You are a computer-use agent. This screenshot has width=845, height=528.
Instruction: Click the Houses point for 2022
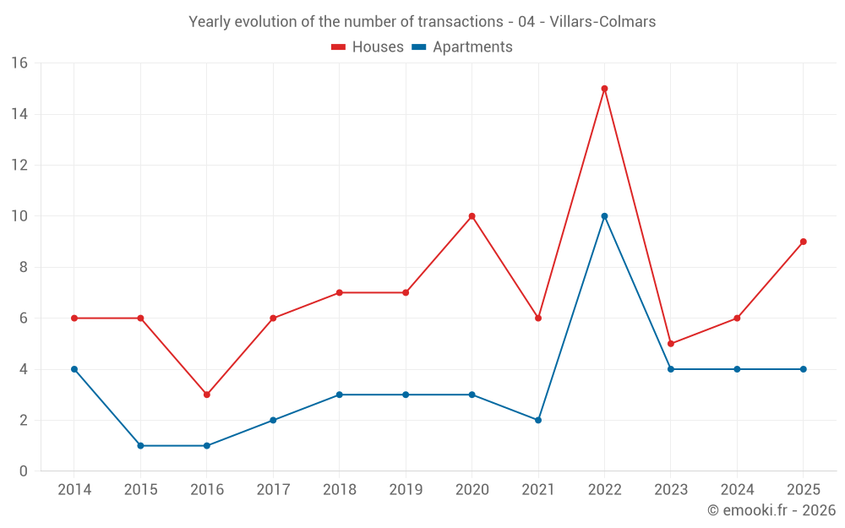coord(604,89)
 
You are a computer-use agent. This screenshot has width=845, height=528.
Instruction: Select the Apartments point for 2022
coord(604,216)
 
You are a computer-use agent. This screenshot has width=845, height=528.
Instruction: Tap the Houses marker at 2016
coord(207,395)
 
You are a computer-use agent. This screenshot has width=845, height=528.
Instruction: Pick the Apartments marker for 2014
coord(74,369)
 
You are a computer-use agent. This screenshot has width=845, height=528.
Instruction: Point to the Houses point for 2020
coord(472,216)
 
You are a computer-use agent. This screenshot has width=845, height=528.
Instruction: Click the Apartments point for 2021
coord(538,420)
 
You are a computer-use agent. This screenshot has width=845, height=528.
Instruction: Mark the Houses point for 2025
coord(804,242)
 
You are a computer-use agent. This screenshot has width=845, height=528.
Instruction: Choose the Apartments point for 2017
coord(273,420)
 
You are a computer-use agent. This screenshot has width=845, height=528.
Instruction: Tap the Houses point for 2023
coord(671,344)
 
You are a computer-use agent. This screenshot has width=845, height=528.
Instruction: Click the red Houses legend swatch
coord(339,47)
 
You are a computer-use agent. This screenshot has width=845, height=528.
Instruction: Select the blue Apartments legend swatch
coord(419,47)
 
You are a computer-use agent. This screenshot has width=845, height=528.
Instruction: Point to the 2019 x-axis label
coord(406,489)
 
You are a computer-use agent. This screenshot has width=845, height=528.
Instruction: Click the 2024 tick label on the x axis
coord(737,489)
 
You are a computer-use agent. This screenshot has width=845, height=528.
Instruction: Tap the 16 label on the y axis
coord(19,63)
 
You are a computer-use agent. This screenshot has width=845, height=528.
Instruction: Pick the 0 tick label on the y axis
coord(23,471)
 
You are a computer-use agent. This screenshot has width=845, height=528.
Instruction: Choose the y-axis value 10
coord(19,216)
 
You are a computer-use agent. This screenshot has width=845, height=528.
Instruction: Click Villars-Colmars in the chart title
coord(602,22)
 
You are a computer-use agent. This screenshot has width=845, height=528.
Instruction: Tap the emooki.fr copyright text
coord(771,510)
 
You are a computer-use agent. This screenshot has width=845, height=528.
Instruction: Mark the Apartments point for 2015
coord(140,445)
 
